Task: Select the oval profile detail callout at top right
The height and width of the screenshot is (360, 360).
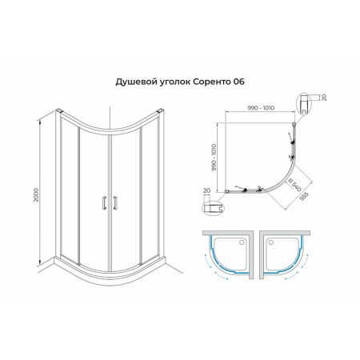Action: (307, 102)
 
